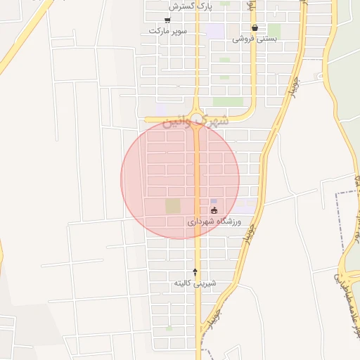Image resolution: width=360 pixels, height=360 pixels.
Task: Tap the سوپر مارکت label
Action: click(x=167, y=31)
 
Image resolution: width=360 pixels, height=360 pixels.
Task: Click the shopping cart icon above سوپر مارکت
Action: click(x=167, y=20)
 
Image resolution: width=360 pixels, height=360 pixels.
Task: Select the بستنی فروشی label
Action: click(x=254, y=39)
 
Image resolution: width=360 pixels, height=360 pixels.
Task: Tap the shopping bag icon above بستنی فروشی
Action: click(x=254, y=28)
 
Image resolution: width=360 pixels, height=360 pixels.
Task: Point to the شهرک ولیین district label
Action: click(x=195, y=121)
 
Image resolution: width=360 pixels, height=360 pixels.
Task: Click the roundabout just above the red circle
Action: click(x=198, y=118)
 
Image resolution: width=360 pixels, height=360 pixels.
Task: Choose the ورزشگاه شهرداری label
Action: click(x=214, y=221)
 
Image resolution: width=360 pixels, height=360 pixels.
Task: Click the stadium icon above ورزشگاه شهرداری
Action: click(x=214, y=210)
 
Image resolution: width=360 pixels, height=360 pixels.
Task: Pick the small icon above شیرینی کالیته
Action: click(x=195, y=271)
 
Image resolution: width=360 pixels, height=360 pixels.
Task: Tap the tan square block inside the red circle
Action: click(x=172, y=206)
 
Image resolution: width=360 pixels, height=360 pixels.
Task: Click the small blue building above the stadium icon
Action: click(x=214, y=201)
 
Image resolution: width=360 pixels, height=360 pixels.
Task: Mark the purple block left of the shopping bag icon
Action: click(x=216, y=32)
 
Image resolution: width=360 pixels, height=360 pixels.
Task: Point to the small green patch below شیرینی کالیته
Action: click(x=169, y=328)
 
